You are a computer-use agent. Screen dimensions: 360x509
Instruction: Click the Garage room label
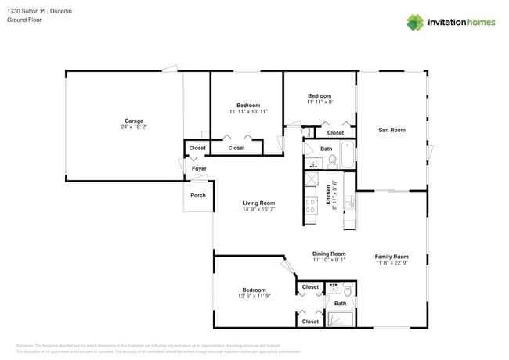click(134, 121)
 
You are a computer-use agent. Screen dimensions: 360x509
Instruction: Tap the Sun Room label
click(392, 130)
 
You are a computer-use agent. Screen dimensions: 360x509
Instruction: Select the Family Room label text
click(391, 257)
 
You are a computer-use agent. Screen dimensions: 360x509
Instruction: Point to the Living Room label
click(258, 203)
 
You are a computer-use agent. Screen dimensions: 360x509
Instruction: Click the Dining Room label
click(329, 254)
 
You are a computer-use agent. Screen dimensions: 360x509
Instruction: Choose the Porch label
click(198, 195)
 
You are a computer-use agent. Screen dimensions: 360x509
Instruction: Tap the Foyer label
click(199, 168)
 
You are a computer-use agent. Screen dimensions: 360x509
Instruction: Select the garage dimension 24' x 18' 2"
click(134, 127)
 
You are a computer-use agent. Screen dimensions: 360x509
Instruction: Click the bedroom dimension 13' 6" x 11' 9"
click(253, 296)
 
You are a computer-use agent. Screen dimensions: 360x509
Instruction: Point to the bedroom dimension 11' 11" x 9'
click(319, 102)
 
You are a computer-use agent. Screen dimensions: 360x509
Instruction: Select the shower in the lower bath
click(341, 319)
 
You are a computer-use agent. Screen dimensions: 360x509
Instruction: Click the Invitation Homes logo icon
click(414, 22)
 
